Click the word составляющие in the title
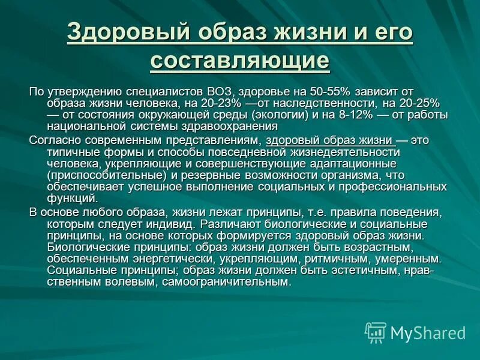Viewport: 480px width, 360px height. (x=240, y=61)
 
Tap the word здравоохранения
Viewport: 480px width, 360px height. (x=224, y=127)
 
